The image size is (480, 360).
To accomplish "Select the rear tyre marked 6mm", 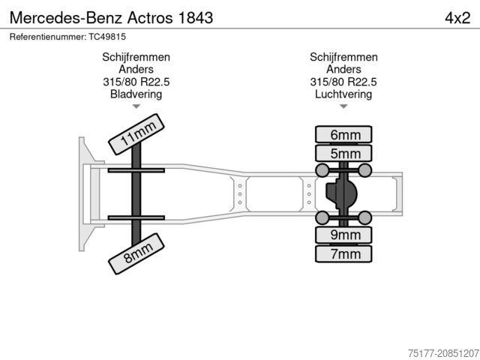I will pyautogui.click(x=344, y=135).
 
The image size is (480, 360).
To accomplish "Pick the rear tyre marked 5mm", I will pyautogui.click(x=344, y=154).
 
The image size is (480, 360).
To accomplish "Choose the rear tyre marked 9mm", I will pyautogui.click(x=344, y=235).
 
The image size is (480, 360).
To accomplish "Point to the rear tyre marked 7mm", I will pyautogui.click(x=344, y=254).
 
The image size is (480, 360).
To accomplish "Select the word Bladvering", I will pyautogui.click(x=136, y=94).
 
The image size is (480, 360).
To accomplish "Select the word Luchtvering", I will pyautogui.click(x=343, y=94).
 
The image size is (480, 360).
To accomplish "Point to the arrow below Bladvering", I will pyautogui.click(x=136, y=107).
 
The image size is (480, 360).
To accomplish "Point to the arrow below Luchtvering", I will pyautogui.click(x=343, y=107).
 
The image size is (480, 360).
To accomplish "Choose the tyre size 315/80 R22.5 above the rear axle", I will pyautogui.click(x=343, y=82).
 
